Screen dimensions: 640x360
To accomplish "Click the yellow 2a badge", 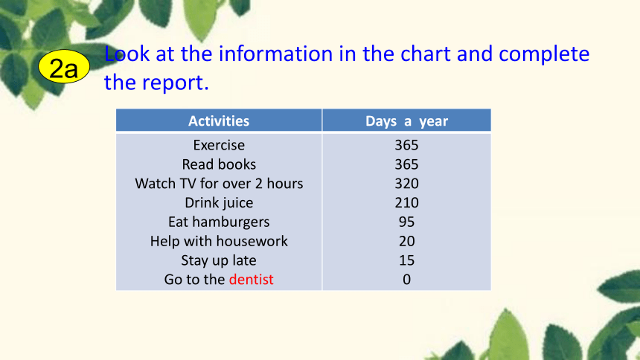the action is click(x=64, y=66).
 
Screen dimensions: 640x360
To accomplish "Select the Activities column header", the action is click(x=219, y=120).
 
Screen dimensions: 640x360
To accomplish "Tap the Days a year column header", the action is click(x=406, y=121).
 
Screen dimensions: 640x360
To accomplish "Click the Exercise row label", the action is click(x=219, y=145).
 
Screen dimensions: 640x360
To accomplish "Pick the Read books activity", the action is click(x=219, y=164).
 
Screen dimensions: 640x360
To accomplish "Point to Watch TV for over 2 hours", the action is click(x=219, y=183).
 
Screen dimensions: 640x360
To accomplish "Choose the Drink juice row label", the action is click(x=219, y=202).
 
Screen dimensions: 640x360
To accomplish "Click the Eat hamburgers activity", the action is click(x=219, y=222).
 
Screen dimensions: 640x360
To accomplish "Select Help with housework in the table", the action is click(x=219, y=241).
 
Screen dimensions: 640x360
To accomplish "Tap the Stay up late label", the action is click(x=219, y=260).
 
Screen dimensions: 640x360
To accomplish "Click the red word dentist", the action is click(x=251, y=279).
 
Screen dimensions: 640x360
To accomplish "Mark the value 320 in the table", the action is click(x=406, y=183).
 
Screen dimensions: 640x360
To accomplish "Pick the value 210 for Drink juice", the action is click(x=406, y=202).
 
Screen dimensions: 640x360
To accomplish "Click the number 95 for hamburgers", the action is click(x=406, y=222).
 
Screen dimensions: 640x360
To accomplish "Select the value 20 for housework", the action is click(x=406, y=241).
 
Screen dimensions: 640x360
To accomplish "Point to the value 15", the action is click(x=406, y=260).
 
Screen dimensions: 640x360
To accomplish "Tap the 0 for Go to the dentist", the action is click(x=406, y=279).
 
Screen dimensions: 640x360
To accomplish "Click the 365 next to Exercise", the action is click(x=406, y=145).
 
